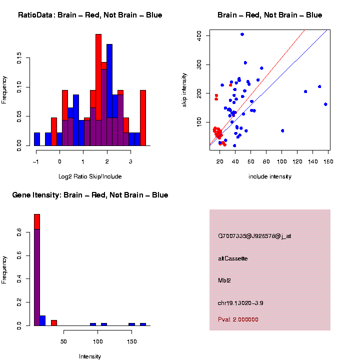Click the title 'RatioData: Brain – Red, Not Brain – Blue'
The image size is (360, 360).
click(90, 15)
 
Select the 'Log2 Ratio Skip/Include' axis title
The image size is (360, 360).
click(90, 176)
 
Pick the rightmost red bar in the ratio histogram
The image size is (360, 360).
click(143, 117)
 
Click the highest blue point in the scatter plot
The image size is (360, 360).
click(242, 34)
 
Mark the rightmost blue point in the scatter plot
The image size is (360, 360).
click(325, 104)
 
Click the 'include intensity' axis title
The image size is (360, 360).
click(270, 176)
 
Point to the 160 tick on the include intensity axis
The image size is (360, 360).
click(328, 161)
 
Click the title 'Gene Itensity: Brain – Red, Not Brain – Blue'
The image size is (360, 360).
click(90, 195)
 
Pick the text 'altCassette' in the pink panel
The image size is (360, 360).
click(233, 258)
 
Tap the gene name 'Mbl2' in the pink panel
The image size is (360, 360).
click(224, 280)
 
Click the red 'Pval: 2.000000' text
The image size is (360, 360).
click(238, 319)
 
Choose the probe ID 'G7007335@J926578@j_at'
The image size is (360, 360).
click(254, 236)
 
